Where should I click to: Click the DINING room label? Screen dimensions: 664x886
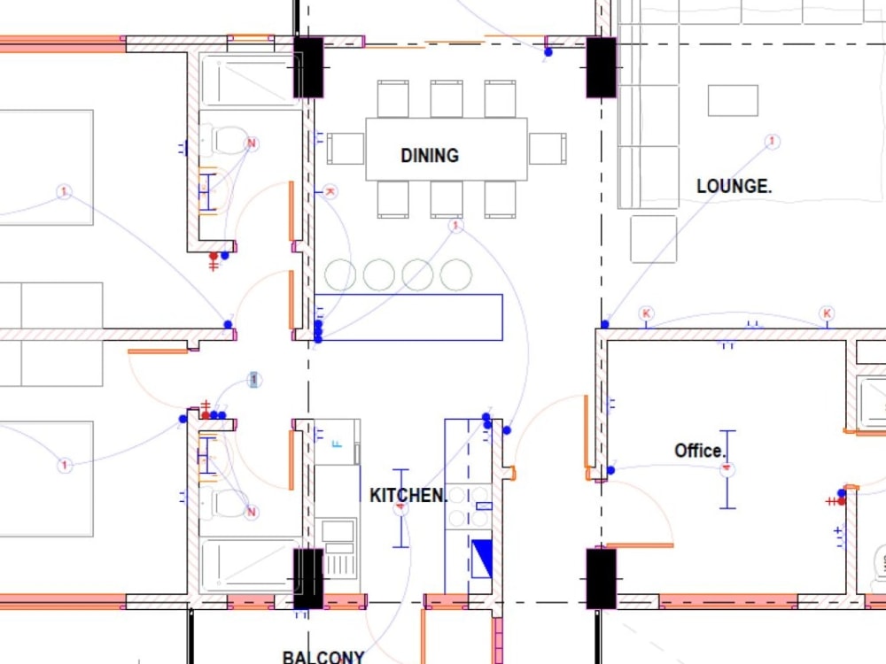click(x=430, y=156)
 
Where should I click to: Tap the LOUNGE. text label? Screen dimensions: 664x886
click(x=734, y=187)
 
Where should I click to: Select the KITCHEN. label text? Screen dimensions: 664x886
click(x=408, y=495)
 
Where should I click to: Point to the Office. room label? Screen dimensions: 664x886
click(x=700, y=451)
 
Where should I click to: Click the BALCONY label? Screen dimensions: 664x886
click(x=323, y=657)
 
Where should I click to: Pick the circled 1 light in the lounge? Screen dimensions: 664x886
click(x=772, y=142)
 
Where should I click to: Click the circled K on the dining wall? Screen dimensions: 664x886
click(x=330, y=191)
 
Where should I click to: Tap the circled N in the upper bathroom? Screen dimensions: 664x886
click(x=252, y=143)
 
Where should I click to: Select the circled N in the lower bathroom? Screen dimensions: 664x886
click(x=252, y=512)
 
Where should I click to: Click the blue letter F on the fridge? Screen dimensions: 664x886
click(x=336, y=443)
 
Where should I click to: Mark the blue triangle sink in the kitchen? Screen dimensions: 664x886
click(x=481, y=559)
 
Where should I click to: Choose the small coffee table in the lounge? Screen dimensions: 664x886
click(x=733, y=100)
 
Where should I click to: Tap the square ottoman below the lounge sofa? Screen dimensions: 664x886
click(x=653, y=239)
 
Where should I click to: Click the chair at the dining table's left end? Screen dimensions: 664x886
click(x=346, y=149)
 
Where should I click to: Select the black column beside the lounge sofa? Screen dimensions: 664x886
click(x=601, y=67)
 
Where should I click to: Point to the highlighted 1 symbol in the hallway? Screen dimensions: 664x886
click(x=254, y=380)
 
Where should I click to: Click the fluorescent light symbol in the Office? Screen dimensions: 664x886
click(x=727, y=469)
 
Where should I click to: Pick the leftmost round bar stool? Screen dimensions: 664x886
click(x=339, y=275)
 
